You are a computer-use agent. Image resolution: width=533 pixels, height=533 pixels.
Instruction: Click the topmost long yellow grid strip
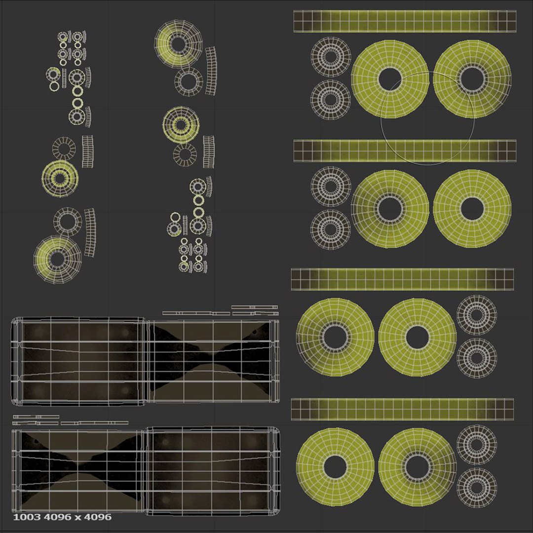(405, 21)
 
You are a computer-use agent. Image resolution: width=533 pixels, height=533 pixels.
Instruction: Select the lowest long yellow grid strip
(402, 409)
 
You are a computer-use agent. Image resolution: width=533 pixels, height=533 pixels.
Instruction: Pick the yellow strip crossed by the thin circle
(405, 151)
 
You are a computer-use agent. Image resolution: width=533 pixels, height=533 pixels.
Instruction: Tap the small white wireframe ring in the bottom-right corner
(476, 488)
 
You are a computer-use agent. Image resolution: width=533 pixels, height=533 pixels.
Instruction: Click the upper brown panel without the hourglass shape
(79, 363)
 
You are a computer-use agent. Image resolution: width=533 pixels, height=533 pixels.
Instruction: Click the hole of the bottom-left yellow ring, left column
(57, 259)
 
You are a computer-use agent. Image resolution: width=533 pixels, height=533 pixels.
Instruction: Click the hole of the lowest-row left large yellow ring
(335, 466)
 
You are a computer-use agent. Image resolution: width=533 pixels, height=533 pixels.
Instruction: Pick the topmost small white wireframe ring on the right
(330, 57)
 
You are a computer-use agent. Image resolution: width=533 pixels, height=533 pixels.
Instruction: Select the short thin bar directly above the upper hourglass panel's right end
(254, 307)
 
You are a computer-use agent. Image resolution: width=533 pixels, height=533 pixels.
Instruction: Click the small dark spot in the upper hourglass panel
(255, 332)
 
